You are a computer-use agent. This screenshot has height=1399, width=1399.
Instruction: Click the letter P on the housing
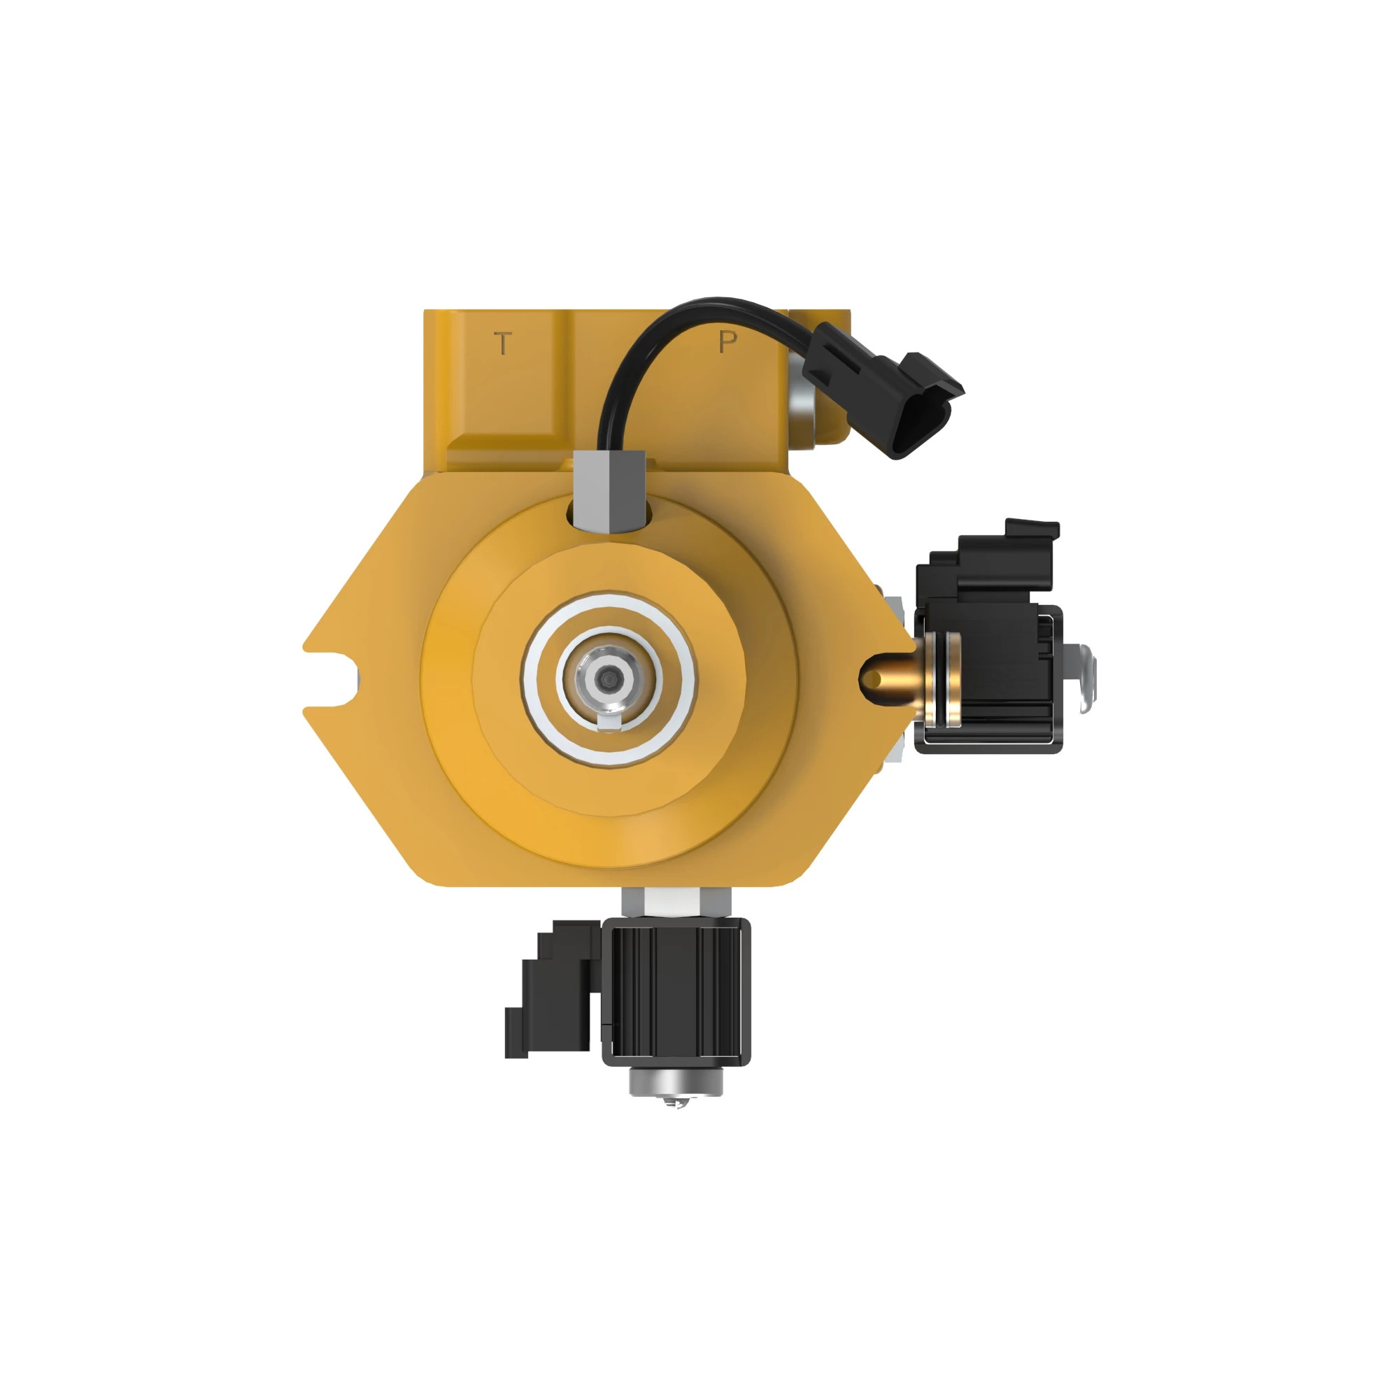pyautogui.click(x=727, y=341)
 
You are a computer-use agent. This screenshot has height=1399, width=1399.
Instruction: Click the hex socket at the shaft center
pyautogui.click(x=608, y=678)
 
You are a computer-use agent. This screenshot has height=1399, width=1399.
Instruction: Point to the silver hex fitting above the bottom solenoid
pyautogui.click(x=676, y=902)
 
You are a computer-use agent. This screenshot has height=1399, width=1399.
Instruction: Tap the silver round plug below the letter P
pyautogui.click(x=803, y=413)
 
